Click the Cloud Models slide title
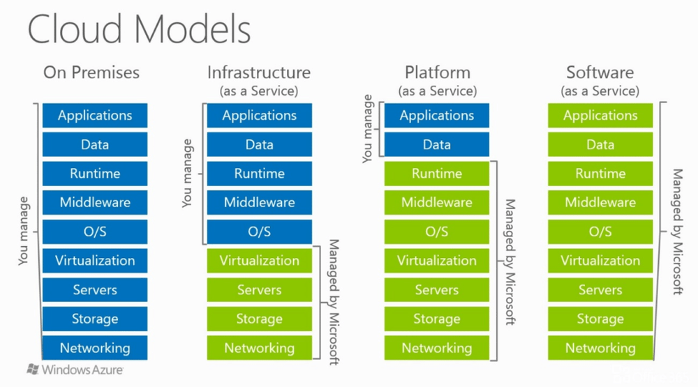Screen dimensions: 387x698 coord(139,30)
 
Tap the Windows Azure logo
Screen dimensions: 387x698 coord(75,370)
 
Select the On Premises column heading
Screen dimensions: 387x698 coord(91,73)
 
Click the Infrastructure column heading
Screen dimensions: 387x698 coord(258,73)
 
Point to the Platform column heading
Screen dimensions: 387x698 coord(437,73)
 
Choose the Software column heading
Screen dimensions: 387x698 coord(600,73)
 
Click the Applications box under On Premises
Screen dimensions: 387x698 coord(95,116)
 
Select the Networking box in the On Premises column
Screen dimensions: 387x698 coord(95,348)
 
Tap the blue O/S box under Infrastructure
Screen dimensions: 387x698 coord(259,232)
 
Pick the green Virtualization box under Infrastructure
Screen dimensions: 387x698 coord(259,261)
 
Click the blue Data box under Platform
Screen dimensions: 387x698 coord(437,145)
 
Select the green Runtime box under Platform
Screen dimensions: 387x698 coord(437,174)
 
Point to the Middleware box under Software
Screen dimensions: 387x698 coord(600,203)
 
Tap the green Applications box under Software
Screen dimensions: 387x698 coord(600,116)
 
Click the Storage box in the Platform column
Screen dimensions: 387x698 coord(437,319)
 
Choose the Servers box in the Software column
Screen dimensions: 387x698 coord(600,290)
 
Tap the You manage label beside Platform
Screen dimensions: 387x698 coord(368,130)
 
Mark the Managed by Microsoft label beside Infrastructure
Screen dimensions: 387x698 coord(334,303)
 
